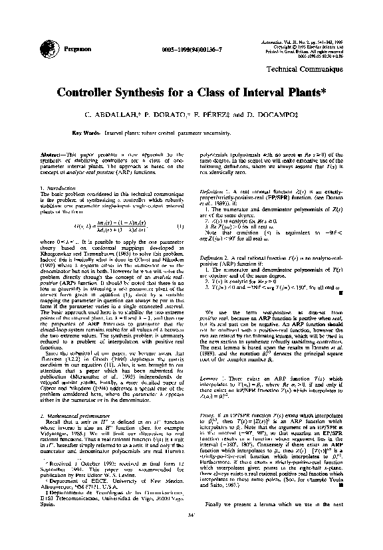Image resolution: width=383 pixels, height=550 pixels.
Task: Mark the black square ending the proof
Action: [x=340, y=486]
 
